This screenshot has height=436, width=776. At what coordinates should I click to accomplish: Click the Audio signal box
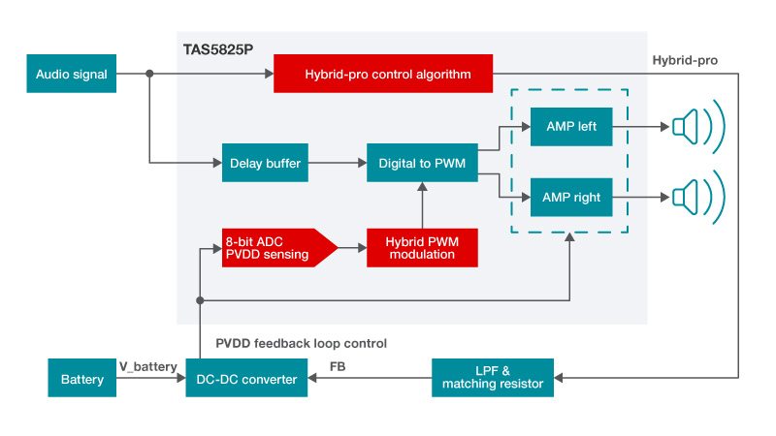click(x=72, y=74)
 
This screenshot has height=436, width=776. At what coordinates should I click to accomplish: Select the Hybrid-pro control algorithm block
click(x=384, y=74)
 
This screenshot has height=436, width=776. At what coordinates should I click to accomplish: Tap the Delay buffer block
click(x=264, y=164)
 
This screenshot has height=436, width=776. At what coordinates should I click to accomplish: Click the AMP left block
click(x=571, y=127)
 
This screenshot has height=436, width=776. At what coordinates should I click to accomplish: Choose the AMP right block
click(x=571, y=198)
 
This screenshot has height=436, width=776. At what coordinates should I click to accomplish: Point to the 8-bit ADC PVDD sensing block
click(x=274, y=248)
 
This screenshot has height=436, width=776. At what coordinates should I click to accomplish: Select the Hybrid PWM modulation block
click(x=422, y=248)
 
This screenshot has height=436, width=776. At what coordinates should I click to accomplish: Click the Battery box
click(x=81, y=379)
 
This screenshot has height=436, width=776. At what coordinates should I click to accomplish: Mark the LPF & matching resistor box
click(x=493, y=378)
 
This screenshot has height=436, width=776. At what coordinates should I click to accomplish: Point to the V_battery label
click(x=148, y=366)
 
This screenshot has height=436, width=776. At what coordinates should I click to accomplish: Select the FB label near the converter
click(x=339, y=366)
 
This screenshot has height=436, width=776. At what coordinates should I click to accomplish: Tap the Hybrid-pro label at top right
click(x=685, y=60)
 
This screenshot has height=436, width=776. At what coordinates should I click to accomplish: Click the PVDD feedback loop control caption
click(x=301, y=343)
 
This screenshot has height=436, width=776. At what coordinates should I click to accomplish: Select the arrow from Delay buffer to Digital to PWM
click(x=336, y=164)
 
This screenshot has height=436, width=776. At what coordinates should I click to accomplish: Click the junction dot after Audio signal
click(x=148, y=74)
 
